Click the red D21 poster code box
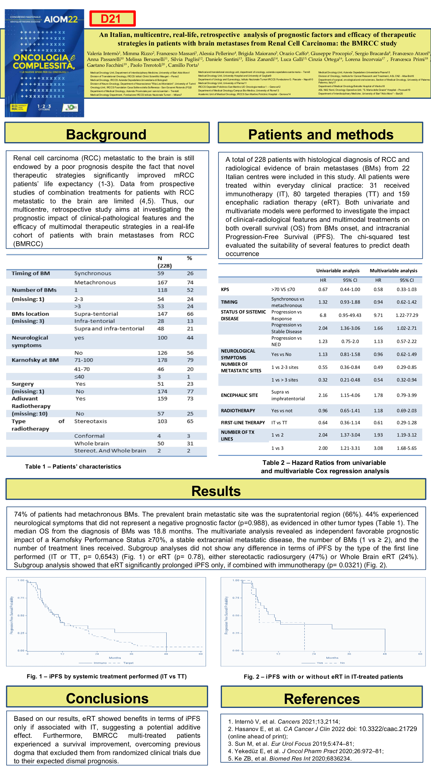pyautogui.click(x=113, y=19)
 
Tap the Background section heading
pyautogui.click(x=106, y=134)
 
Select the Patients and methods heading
pyautogui.click(x=321, y=134)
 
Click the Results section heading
pyautogui.click(x=216, y=491)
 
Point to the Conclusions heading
pyautogui.click(x=107, y=698)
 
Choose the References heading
pyautogui.click(x=322, y=699)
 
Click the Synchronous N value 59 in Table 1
pyautogui.click(x=161, y=273)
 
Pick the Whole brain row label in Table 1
pyautogui.click(x=92, y=443)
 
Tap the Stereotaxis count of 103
pyautogui.click(x=162, y=421)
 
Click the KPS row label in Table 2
pyautogui.click(x=225, y=290)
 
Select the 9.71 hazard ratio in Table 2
pyautogui.click(x=378, y=315)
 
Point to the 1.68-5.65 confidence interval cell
pyautogui.click(x=406, y=448)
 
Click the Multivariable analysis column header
pyautogui.click(x=393, y=271)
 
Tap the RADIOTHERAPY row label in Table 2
pyautogui.click(x=238, y=411)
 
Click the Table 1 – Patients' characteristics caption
pyautogui.click(x=73, y=467)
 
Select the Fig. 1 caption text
pyautogui.click(x=107, y=676)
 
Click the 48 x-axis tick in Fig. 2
pyautogui.click(x=385, y=654)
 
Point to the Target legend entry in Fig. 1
pyautogui.click(x=128, y=663)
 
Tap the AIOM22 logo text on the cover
pyautogui.click(x=61, y=19)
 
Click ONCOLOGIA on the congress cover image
pyautogui.click(x=41, y=58)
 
